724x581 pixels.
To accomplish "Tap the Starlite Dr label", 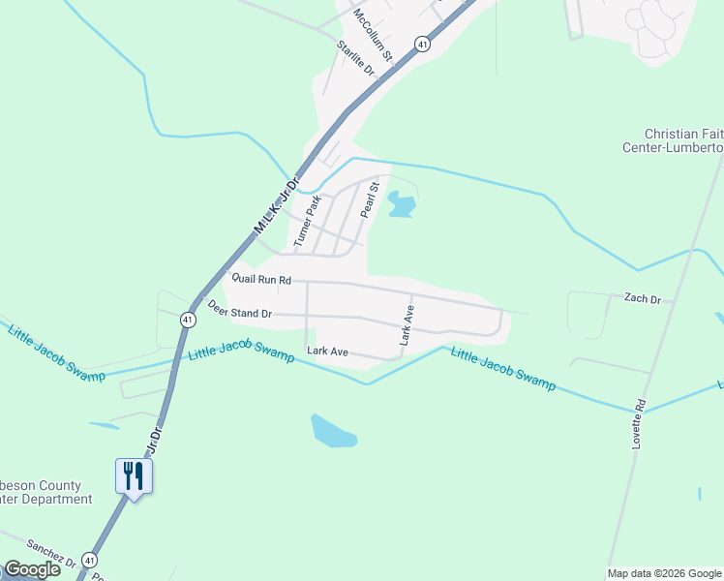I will (355, 60).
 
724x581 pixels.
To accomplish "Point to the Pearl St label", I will (368, 200).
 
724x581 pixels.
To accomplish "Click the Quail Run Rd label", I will (260, 279).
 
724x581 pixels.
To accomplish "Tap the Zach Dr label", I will (642, 299).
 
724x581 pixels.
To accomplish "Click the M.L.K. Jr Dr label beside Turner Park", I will (279, 204).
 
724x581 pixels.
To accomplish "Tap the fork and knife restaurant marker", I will (134, 476).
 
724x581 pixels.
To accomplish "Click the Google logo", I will (32, 569).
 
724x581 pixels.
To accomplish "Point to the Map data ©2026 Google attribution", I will (664, 573).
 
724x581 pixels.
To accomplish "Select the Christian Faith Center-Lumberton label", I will (683, 140).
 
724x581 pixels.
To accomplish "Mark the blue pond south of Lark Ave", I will (333, 431).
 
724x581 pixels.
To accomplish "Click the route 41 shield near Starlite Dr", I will (422, 44).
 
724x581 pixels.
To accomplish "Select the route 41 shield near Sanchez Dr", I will (89, 560).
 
